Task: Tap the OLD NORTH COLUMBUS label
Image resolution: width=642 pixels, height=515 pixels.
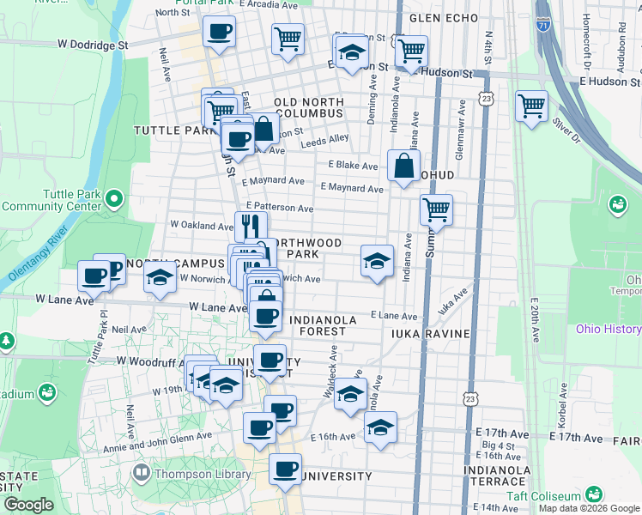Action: click(309, 108)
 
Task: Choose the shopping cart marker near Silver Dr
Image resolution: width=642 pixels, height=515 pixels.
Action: click(531, 107)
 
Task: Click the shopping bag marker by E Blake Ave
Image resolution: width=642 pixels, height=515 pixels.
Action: click(403, 165)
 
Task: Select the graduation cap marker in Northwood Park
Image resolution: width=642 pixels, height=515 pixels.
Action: click(376, 261)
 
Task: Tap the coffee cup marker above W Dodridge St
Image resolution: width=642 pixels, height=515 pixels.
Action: click(219, 33)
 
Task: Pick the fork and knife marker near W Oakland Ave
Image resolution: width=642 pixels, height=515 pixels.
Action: click(251, 226)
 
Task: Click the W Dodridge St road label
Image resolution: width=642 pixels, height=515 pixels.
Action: click(86, 44)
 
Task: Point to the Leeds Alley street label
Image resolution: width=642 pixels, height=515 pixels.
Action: click(324, 138)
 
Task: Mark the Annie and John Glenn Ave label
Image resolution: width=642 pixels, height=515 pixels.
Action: click(156, 436)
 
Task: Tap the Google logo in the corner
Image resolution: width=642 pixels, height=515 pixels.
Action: click(28, 506)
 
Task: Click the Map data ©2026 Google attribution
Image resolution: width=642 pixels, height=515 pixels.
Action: click(590, 508)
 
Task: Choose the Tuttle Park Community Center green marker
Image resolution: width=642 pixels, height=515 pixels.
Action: click(115, 200)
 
